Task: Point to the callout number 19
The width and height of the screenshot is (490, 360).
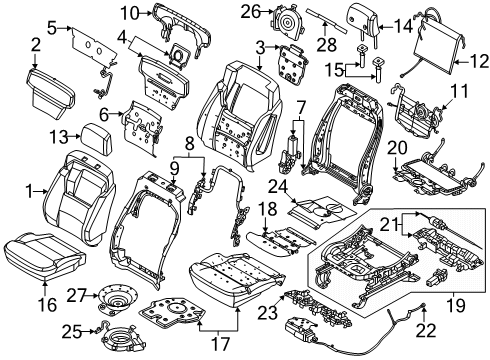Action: coord(454,304)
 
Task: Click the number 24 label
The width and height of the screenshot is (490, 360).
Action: coord(278,187)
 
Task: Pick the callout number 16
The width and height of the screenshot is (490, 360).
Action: coord(47,305)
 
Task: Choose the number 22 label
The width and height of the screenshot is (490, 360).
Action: coord(426,330)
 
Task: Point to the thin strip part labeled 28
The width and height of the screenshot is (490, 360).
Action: coord(327,20)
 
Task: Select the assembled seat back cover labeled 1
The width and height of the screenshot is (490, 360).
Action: coord(80,197)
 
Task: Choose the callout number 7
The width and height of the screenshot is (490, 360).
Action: coord(301,107)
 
